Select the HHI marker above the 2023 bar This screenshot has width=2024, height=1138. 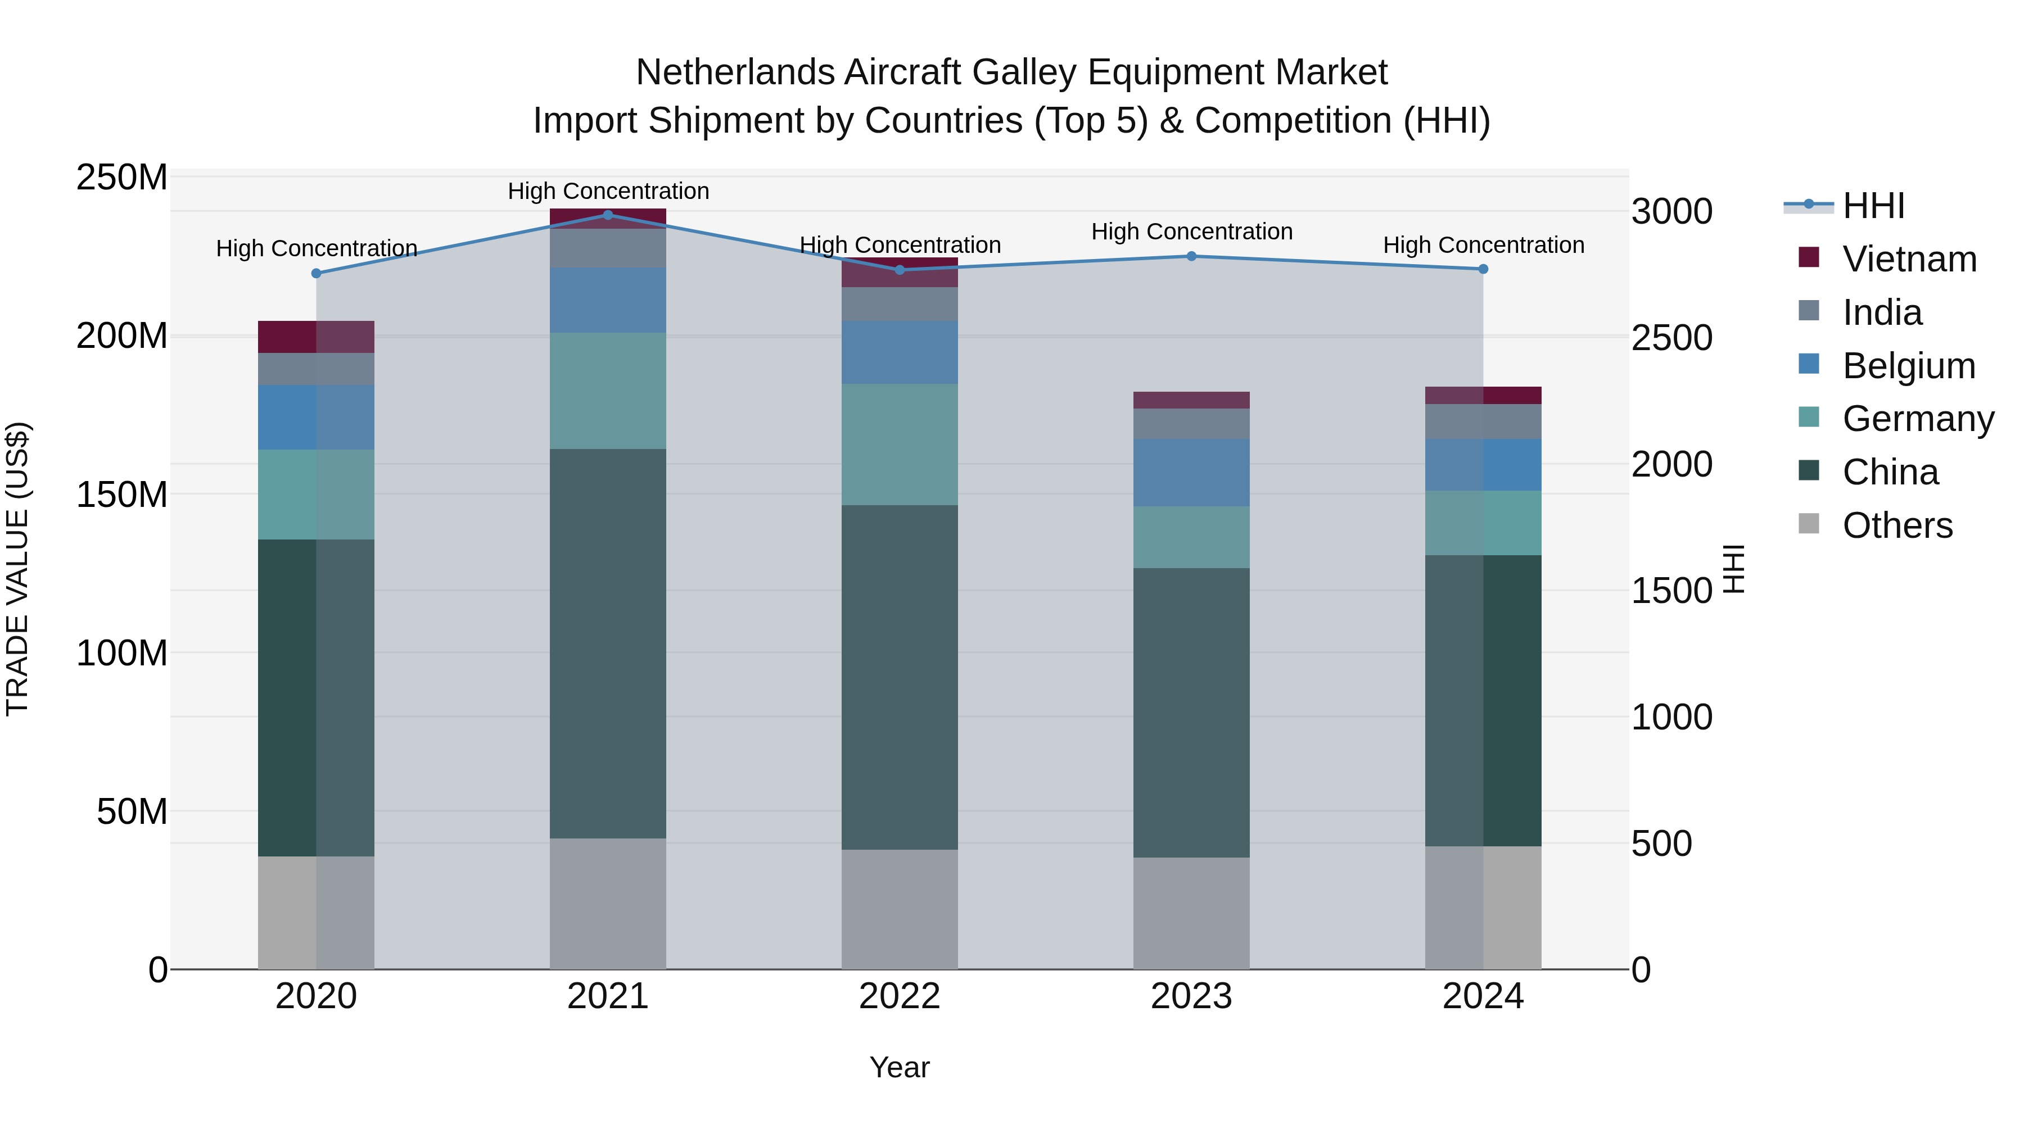tap(1191, 256)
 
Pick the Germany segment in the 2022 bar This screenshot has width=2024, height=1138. tap(900, 444)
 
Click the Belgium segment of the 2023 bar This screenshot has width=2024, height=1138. tap(1191, 472)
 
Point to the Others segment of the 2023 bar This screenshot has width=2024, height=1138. tap(1191, 913)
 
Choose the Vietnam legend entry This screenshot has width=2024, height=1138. tap(1909, 259)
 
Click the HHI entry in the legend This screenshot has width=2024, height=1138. tap(1873, 206)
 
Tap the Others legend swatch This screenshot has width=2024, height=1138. tap(1809, 524)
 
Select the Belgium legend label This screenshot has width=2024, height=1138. tap(1909, 366)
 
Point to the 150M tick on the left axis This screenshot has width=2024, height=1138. tap(122, 495)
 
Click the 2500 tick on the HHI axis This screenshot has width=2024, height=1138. tap(1672, 338)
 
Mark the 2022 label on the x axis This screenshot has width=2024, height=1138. tap(900, 996)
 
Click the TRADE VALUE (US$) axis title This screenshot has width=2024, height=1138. tap(17, 569)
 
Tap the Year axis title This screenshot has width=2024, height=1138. tap(900, 1067)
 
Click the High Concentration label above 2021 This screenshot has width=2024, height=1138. tap(608, 191)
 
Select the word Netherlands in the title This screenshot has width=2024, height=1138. tap(735, 72)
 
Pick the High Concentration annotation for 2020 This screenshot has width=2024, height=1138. tap(317, 248)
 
